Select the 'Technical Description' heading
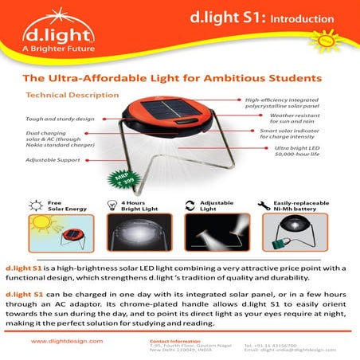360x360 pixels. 72,96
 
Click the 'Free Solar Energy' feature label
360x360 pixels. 63,205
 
